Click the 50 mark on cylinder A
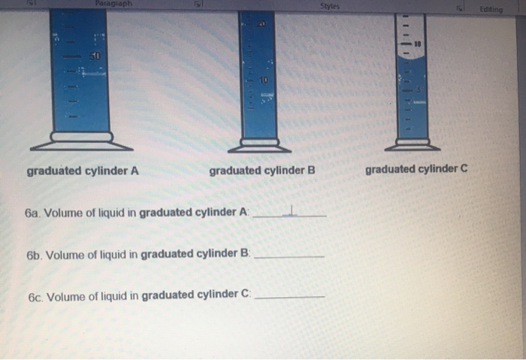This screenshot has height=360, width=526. (x=95, y=56)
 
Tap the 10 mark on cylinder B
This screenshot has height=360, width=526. (x=264, y=79)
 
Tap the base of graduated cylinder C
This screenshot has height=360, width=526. (x=413, y=143)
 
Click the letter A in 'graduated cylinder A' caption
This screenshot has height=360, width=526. (x=135, y=171)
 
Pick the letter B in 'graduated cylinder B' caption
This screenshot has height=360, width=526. (x=311, y=171)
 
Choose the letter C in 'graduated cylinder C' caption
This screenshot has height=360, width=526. (x=464, y=168)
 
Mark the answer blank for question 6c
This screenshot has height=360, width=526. (x=290, y=296)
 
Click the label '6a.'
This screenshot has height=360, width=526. (x=32, y=213)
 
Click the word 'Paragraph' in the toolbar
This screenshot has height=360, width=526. (x=113, y=4)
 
